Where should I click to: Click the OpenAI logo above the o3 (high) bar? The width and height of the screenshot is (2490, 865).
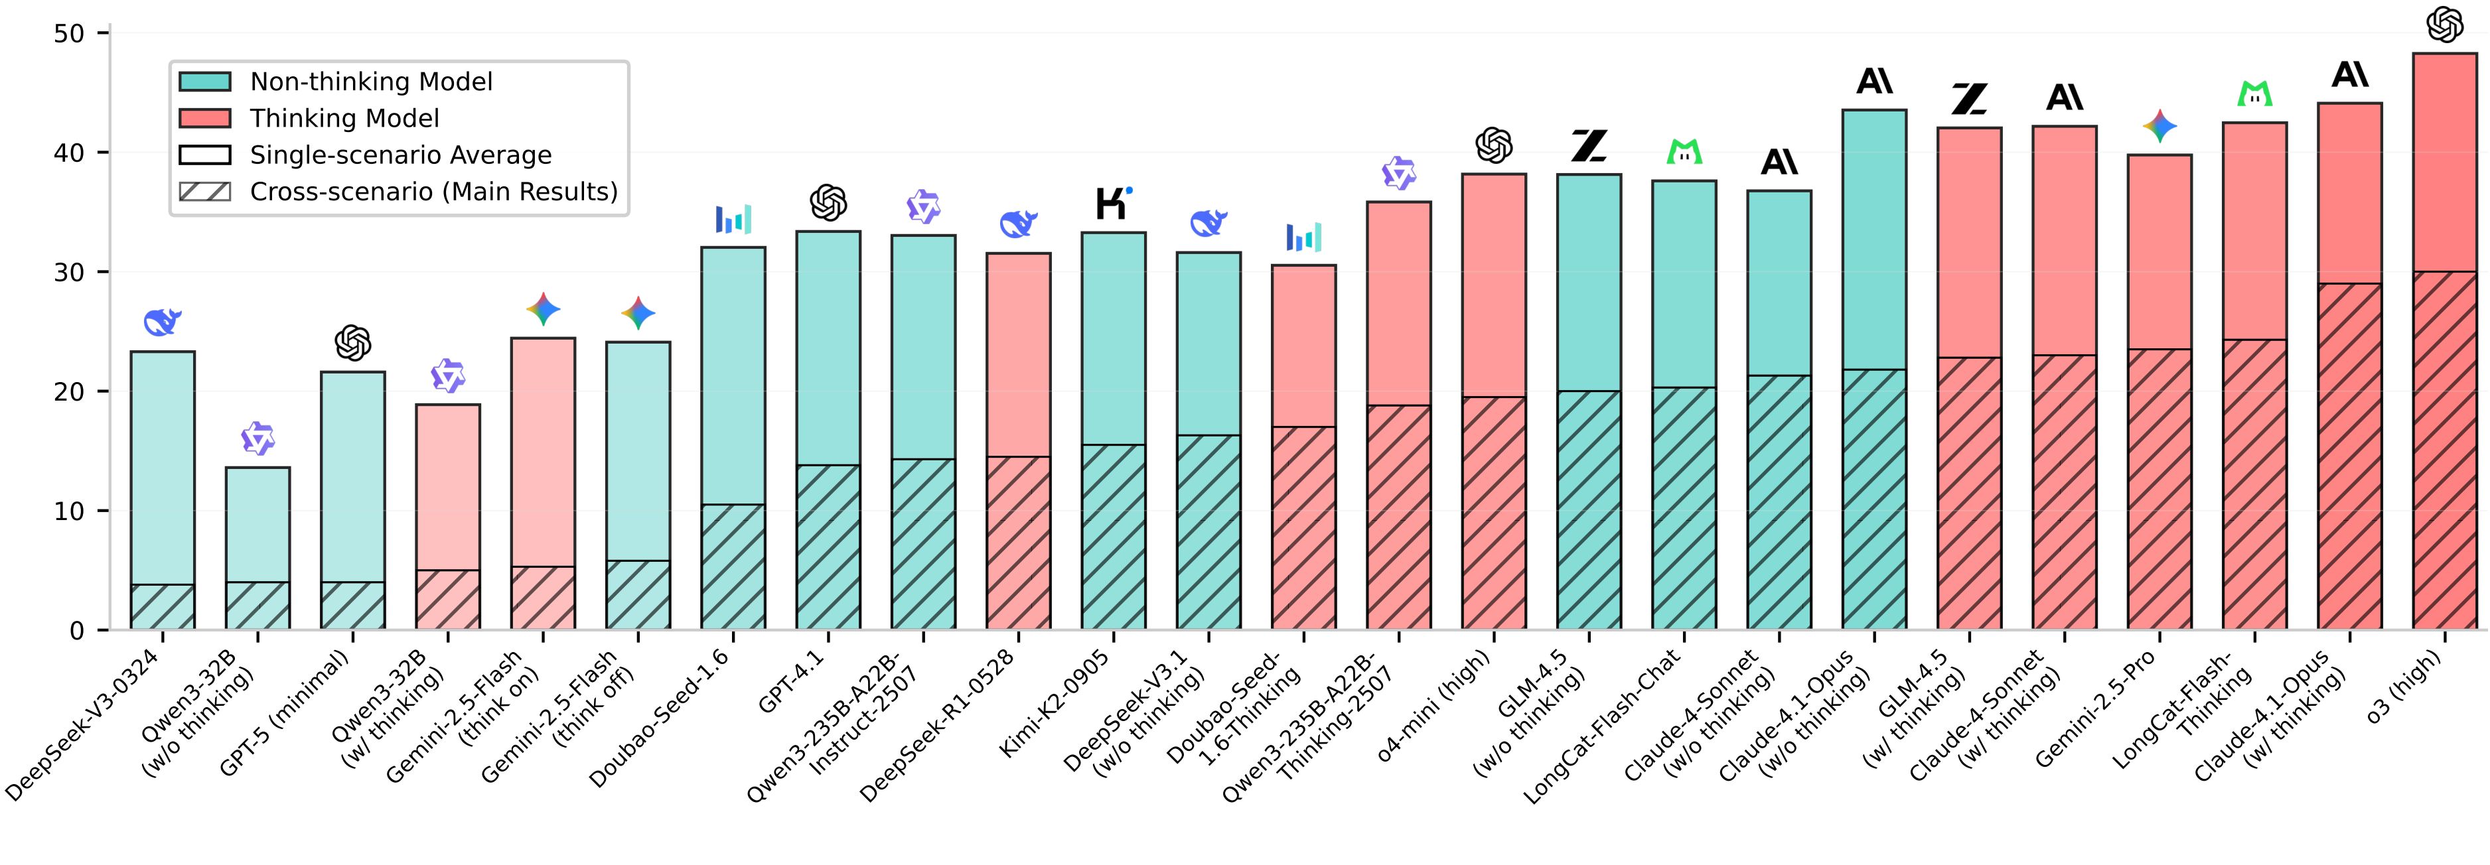(2445, 25)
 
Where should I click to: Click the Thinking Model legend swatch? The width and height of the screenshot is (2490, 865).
(205, 119)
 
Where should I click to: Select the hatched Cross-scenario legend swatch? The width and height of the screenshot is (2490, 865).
(205, 191)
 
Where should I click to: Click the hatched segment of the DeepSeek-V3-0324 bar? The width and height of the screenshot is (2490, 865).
(163, 607)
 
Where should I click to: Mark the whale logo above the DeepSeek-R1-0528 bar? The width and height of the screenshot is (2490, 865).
(1019, 224)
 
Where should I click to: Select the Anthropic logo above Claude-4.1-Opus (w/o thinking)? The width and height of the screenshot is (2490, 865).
(1874, 81)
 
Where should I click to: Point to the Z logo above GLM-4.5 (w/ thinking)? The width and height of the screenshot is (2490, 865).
(1969, 99)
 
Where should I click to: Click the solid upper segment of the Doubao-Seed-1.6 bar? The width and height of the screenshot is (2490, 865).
(733, 376)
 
